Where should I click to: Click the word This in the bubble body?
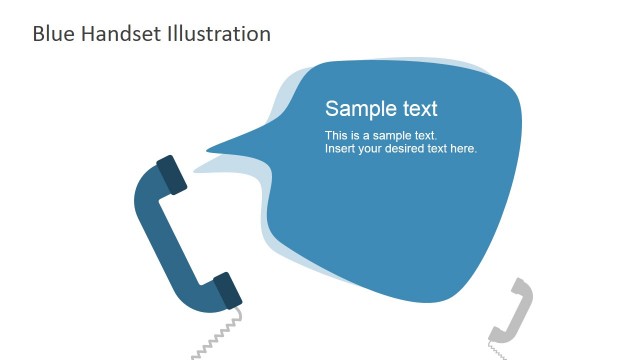coord(335,135)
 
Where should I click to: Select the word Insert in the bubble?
coord(339,149)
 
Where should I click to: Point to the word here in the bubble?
coord(464,149)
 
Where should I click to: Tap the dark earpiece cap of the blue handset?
coord(171,173)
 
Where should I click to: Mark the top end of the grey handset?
coord(521,288)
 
